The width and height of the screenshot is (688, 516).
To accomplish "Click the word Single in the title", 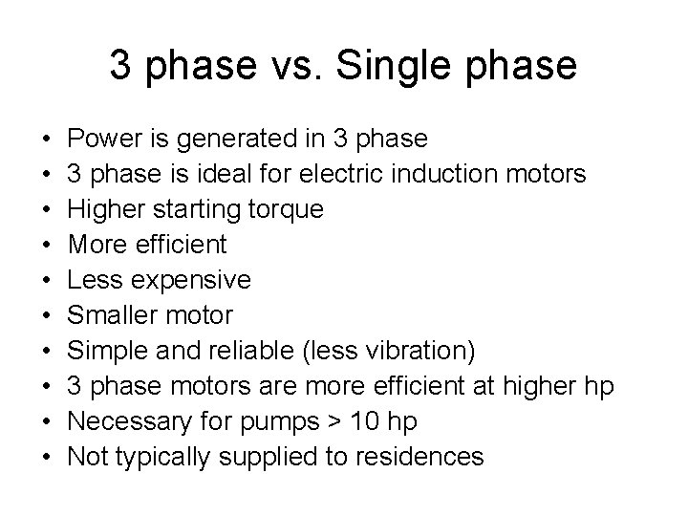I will (x=394, y=65).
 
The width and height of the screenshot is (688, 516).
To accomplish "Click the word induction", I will (x=437, y=175).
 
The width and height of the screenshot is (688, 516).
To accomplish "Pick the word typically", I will (x=165, y=458).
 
